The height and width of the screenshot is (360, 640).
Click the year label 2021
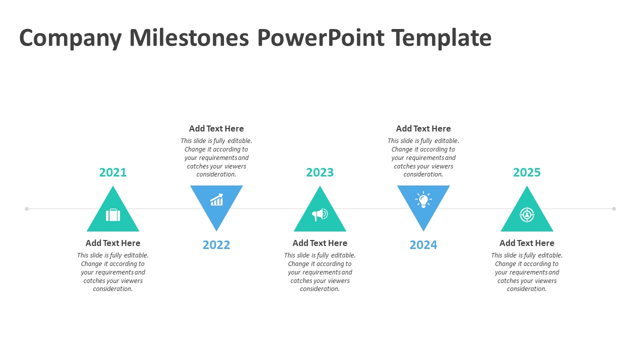pyautogui.click(x=113, y=172)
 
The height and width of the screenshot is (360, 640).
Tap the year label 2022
pyautogui.click(x=216, y=245)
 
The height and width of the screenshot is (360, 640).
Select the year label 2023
pyautogui.click(x=319, y=172)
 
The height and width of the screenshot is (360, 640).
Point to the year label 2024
pyautogui.click(x=423, y=245)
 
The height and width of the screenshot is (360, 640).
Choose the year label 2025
pyautogui.click(x=527, y=172)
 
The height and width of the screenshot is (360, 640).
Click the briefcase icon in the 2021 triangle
pyautogui.click(x=113, y=215)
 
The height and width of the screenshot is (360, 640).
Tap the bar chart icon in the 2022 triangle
pyautogui.click(x=216, y=199)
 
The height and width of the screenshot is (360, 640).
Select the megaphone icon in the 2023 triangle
pyautogui.click(x=319, y=214)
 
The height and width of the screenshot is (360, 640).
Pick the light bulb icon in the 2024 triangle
pyautogui.click(x=423, y=199)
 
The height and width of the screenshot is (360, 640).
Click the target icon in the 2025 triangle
pyautogui.click(x=527, y=215)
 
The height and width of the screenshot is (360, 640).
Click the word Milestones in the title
pyautogui.click(x=189, y=37)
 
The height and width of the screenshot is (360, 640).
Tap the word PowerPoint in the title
pyautogui.click(x=320, y=37)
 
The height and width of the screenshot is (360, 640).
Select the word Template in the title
pyautogui.click(x=441, y=38)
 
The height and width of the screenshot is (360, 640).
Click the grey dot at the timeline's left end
pyautogui.click(x=27, y=209)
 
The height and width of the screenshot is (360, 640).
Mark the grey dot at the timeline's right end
pyautogui.click(x=614, y=209)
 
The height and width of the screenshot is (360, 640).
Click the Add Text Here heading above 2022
pyautogui.click(x=216, y=129)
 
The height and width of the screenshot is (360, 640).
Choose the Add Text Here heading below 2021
pyautogui.click(x=113, y=243)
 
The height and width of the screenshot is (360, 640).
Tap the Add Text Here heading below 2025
pyautogui.click(x=527, y=243)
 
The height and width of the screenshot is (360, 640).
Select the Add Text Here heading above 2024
pyautogui.click(x=423, y=129)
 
